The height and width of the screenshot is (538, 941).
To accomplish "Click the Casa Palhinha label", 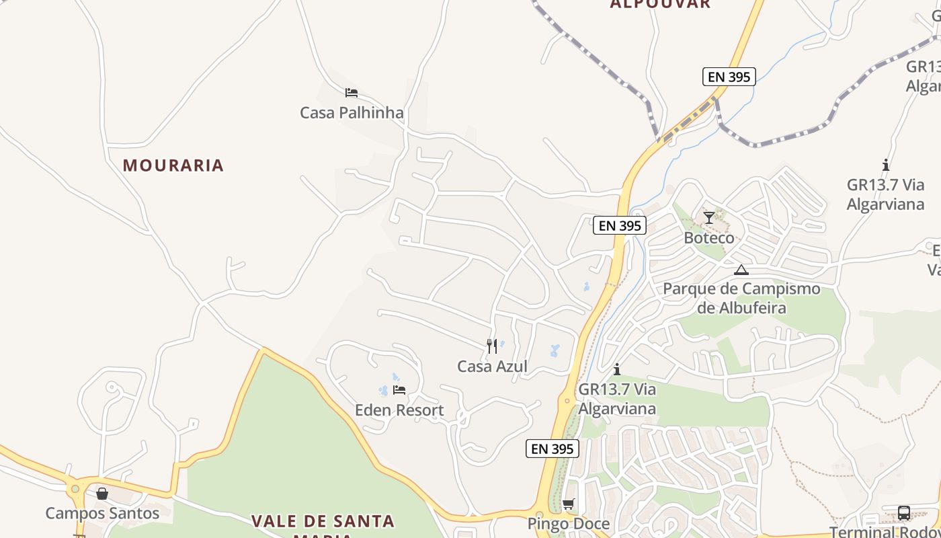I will tap(352, 112).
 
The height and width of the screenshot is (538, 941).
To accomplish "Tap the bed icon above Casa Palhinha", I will tap(351, 93).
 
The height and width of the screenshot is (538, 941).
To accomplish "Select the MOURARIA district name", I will tap(173, 165).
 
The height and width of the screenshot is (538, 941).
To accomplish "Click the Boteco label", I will tap(709, 238).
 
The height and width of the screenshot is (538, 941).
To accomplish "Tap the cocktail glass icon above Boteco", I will tap(709, 217).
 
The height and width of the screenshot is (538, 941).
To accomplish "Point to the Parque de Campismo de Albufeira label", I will tap(741, 299).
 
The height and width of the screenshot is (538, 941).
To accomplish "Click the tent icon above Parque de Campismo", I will tap(741, 270).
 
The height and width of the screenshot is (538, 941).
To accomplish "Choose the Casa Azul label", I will tap(492, 367).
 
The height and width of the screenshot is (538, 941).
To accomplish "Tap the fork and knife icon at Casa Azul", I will tap(492, 346).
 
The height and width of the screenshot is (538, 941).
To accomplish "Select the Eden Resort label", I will tap(399, 410).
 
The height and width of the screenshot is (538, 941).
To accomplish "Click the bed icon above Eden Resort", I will tap(399, 389).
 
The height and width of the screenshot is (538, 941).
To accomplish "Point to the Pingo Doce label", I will tap(569, 524).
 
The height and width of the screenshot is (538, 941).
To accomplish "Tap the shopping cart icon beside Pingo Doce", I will tap(569, 504).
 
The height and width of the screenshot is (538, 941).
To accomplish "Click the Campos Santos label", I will tap(102, 513).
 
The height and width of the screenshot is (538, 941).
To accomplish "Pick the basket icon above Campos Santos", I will tap(102, 494).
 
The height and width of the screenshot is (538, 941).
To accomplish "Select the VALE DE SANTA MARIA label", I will tap(323, 522).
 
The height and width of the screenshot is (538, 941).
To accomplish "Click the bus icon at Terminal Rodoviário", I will tap(904, 513).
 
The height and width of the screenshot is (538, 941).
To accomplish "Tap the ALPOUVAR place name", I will tap(660, 4).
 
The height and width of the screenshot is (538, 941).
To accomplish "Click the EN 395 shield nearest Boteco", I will tap(620, 226).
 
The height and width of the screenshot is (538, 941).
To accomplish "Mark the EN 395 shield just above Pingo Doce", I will tap(553, 449).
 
